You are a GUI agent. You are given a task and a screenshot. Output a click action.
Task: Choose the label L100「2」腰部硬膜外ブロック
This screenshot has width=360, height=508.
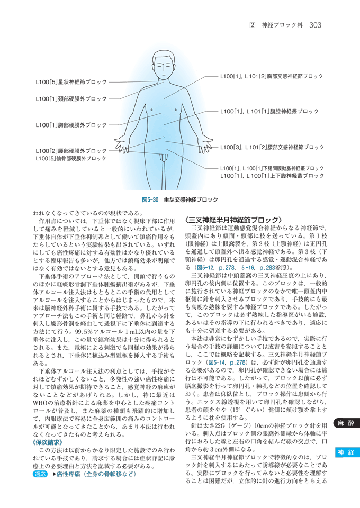pyautogui.click(x=71, y=151)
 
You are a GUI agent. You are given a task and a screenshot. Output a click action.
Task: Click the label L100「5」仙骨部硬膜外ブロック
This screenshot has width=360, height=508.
pyautogui.click(x=71, y=158)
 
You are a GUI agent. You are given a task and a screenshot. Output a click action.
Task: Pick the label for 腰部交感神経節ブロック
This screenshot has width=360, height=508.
pyautogui.click(x=272, y=147)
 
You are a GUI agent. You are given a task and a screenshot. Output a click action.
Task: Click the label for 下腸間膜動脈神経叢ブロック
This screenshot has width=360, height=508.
pyautogui.click(x=272, y=168)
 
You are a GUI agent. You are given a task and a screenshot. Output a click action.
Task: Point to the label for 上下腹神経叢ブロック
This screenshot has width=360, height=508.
pyautogui.click(x=272, y=176)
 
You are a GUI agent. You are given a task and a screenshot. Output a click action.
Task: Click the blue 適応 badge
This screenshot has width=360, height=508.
pyautogui.click(x=39, y=474)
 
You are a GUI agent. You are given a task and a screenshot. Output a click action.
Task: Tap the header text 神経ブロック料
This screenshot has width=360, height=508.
pyautogui.click(x=280, y=25)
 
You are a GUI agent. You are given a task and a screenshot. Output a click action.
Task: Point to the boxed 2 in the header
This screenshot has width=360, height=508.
pyautogui.click(x=253, y=25)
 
